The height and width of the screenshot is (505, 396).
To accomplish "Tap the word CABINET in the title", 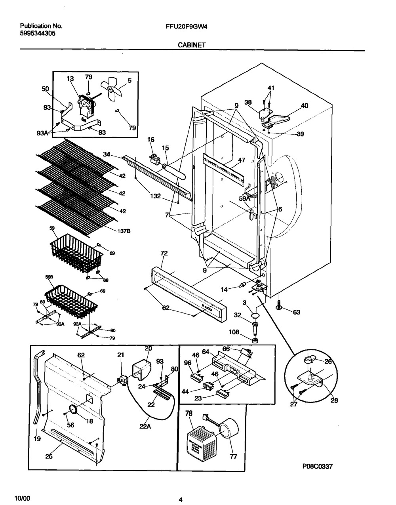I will pos(192,45).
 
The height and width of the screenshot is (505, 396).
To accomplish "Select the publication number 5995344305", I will pos(38,34).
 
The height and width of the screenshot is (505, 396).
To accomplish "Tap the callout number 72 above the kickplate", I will pos(164,253).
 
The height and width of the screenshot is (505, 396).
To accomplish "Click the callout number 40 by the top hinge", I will pos(304,106).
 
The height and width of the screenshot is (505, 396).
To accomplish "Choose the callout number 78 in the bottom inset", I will pos(189,413).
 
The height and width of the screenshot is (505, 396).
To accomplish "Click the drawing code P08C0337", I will pos(317,467).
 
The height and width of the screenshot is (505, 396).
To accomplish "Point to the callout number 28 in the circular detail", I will pos(334,400).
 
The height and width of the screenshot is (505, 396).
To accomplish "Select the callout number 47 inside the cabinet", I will pos(242,160).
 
